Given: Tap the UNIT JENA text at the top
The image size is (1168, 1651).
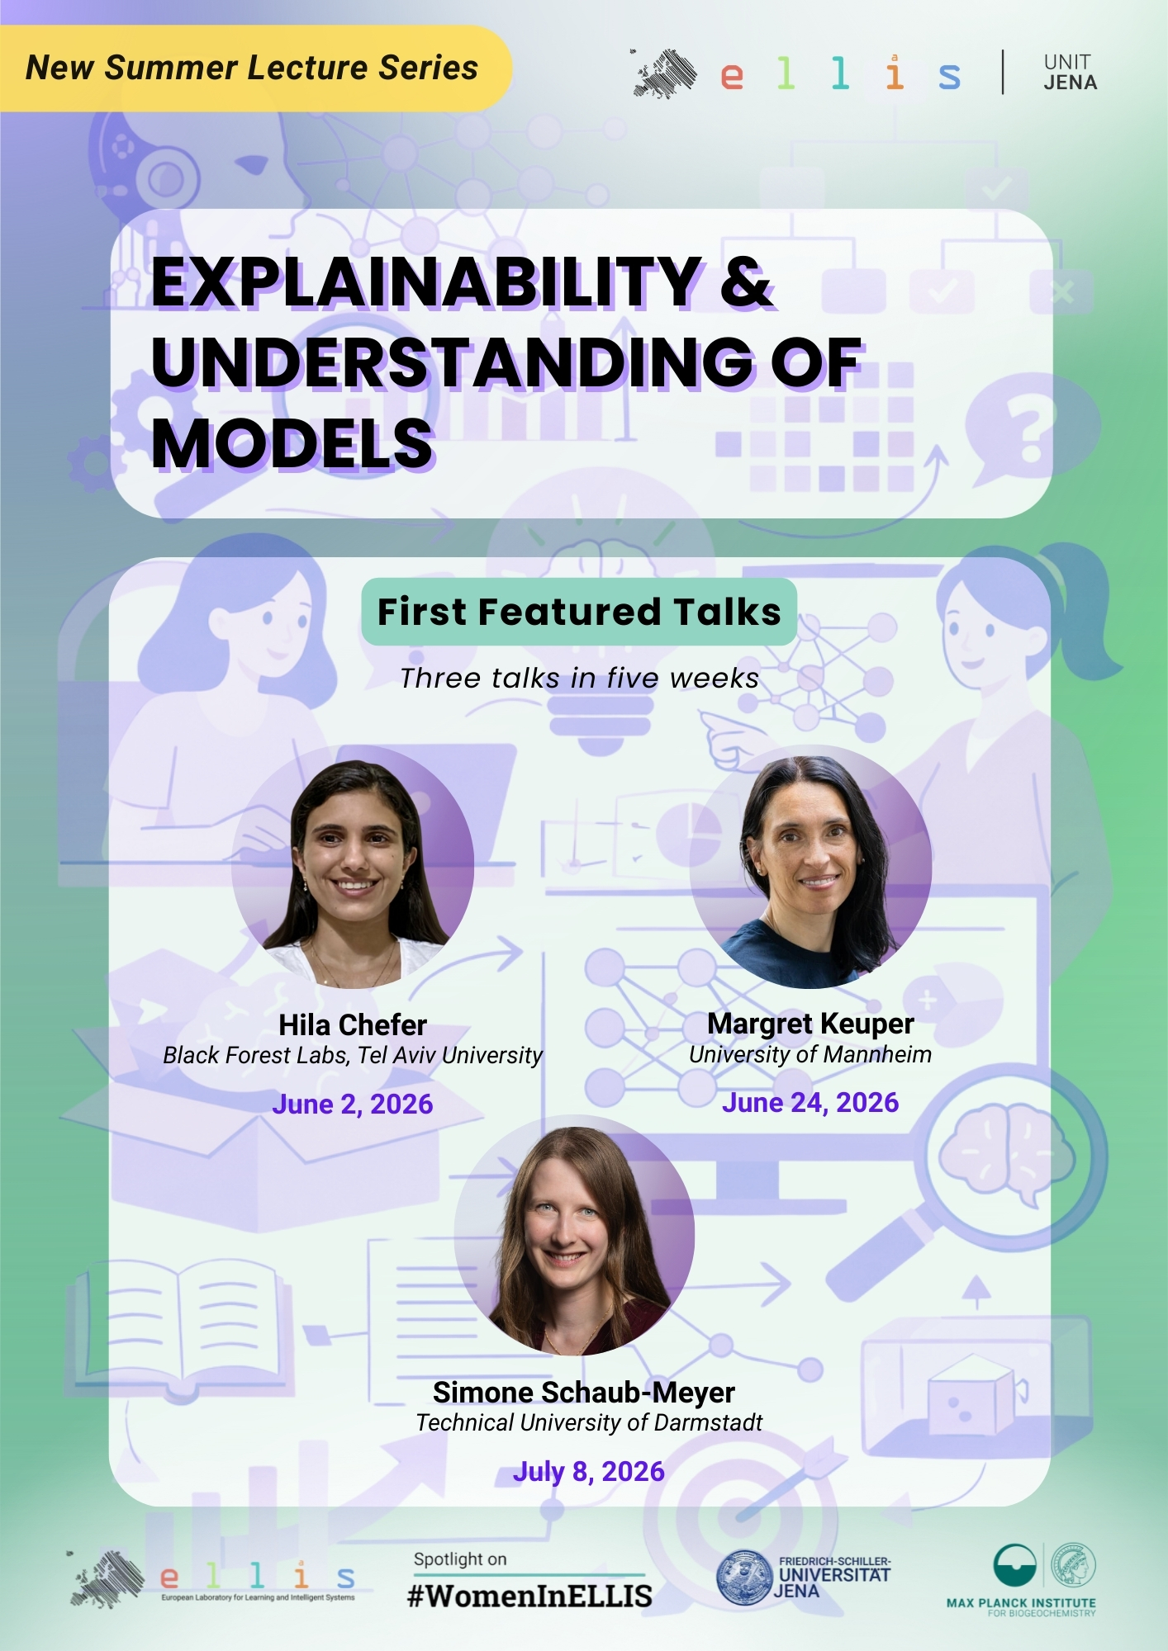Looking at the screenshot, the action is tap(1070, 73).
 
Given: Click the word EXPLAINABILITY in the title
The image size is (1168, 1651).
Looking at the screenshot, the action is tap(427, 282).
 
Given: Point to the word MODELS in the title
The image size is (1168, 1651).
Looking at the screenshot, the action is tap(293, 444).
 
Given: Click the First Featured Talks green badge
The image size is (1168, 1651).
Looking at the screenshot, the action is tap(579, 612).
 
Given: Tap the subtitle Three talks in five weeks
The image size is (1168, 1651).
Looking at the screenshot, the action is tap(579, 678).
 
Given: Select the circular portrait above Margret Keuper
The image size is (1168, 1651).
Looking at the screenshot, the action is tap(810, 867).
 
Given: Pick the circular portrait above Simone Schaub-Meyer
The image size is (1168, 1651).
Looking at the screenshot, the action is tap(574, 1235).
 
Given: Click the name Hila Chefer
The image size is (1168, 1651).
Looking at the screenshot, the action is tap(353, 1024).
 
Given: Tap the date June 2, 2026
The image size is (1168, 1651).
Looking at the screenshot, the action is tap(353, 1104).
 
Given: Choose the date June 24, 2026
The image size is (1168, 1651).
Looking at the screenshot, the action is tap(810, 1102).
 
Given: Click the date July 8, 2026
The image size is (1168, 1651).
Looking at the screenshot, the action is tap(589, 1471).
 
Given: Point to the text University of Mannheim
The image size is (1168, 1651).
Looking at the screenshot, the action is tap(810, 1054).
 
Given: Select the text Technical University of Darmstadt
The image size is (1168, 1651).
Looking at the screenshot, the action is tap(589, 1422).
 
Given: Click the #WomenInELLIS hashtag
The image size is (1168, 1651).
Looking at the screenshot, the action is tap(529, 1596).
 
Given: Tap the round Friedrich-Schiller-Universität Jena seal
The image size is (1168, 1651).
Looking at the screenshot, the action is tap(744, 1578).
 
